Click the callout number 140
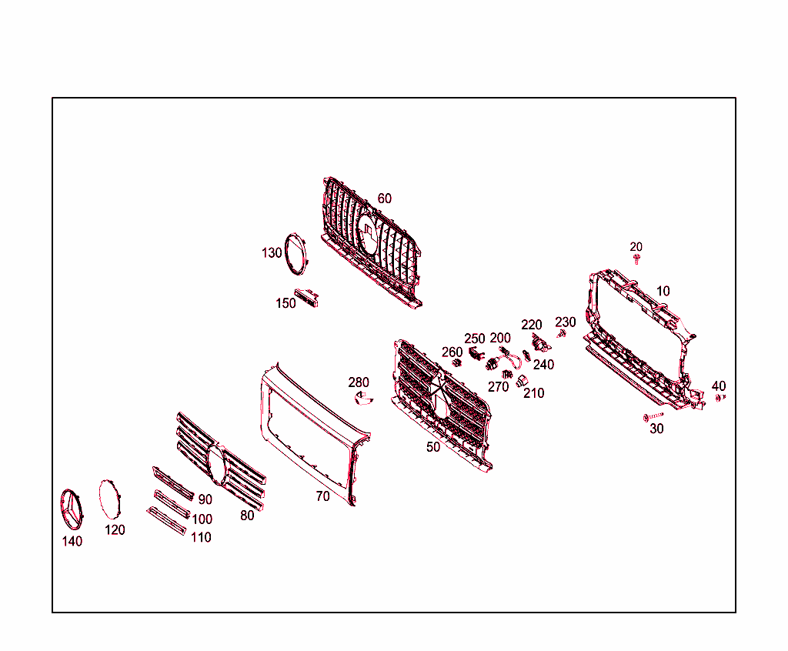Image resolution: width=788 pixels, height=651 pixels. pos(72,542)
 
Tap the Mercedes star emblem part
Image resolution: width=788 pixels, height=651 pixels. pos(73,509)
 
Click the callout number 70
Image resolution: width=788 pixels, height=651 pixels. pos(323,497)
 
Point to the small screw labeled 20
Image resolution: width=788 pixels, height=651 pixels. pos(637,259)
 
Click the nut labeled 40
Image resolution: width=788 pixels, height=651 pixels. pos(720,398)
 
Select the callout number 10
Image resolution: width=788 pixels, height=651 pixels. pos(663,292)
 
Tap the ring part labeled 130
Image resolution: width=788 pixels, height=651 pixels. pos(295,253)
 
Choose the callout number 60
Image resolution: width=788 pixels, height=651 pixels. pos(384,199)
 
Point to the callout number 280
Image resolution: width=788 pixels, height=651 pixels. pos(359,382)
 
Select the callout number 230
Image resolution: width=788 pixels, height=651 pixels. pos(566,322)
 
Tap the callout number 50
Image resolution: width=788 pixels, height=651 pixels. pos(433,447)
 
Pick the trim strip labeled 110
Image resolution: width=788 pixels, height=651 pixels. pos(166,521)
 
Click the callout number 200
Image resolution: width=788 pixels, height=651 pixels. pos(500,339)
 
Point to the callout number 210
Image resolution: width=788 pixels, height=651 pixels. pos(534,393)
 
